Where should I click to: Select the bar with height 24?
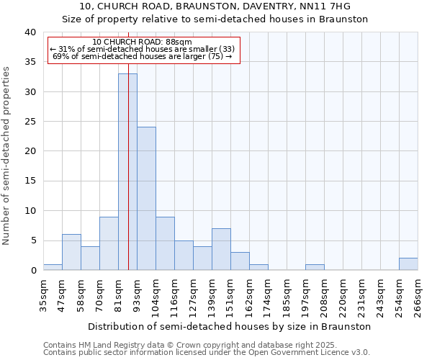coord(146,198)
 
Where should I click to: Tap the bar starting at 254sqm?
coord(408,264)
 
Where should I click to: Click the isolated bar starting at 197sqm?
coord(315,267)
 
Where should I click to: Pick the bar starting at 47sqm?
coord(71,252)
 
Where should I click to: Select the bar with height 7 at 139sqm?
coord(221,249)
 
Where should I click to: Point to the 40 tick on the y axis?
coord(30,32)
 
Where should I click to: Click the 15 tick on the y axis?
coord(30,181)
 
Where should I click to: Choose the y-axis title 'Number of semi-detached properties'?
coord(6,156)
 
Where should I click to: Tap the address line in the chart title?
coord(215,6)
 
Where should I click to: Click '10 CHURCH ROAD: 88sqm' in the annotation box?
coord(143,42)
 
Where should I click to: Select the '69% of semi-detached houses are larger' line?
coord(143,56)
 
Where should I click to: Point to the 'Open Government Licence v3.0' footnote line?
coord(207,353)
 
